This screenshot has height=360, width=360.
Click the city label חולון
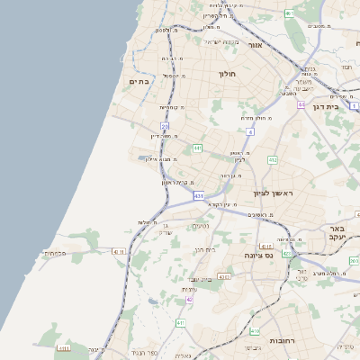227,73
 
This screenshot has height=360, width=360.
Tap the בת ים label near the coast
139,81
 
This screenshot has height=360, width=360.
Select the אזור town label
254,44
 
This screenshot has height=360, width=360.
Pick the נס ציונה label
258,256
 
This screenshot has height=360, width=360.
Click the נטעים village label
200,226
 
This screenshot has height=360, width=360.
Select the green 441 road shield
197,148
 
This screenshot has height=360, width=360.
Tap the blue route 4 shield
249,131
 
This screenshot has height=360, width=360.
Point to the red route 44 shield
301,105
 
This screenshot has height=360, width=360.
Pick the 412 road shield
273,160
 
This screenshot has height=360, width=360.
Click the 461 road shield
288,13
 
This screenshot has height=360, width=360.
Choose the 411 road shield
181,322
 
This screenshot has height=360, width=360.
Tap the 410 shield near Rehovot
255,331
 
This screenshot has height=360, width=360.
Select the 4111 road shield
118,252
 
